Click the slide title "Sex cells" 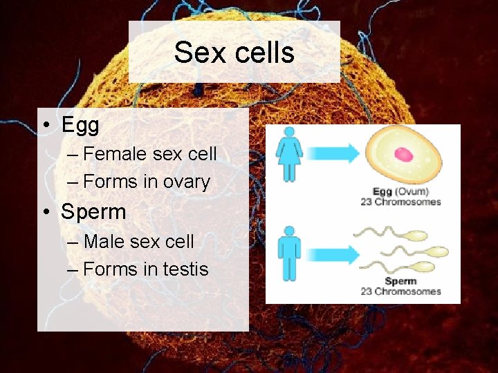[x=234, y=52]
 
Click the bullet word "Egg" [x=80, y=125]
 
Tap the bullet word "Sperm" [x=93, y=211]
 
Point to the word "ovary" [x=186, y=182]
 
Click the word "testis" [x=185, y=269]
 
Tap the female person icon [x=290, y=153]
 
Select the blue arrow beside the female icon [x=332, y=154]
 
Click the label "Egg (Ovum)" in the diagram [x=400, y=192]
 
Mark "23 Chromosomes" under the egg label [x=400, y=202]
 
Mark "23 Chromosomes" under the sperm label [x=400, y=291]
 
